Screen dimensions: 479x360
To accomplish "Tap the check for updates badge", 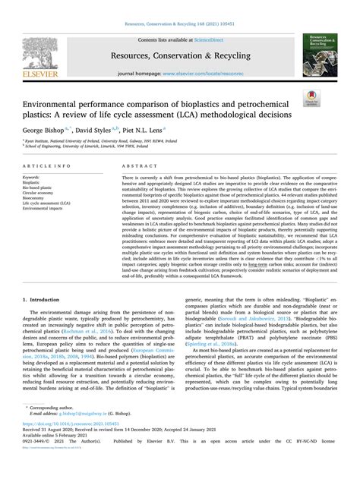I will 311,96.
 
